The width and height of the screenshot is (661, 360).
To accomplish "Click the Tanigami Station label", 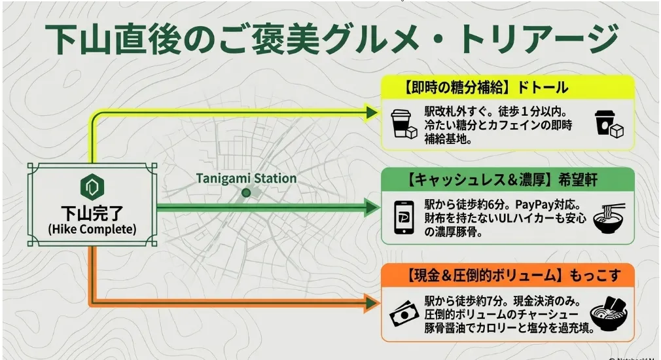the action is (246, 178).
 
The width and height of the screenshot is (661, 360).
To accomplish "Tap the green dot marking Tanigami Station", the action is (246, 193).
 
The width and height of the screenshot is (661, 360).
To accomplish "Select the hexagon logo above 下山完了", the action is (92, 187).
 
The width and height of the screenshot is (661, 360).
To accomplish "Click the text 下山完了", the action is (92, 213).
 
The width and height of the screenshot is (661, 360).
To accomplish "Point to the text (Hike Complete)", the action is (92, 229).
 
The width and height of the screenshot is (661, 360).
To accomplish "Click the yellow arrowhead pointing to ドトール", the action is (372, 113).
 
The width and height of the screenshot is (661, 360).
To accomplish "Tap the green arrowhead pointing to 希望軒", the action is (372, 207).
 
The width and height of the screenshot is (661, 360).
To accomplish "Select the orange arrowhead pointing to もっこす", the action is (372, 303).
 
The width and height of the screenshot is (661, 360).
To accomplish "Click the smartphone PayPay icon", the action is (403, 217).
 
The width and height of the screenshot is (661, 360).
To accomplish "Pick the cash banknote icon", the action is (404, 314).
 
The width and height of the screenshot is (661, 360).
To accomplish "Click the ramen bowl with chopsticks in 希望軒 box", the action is (609, 219).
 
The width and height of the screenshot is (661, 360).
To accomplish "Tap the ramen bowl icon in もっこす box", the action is (608, 314).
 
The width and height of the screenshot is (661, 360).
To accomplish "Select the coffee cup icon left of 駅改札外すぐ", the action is (404, 124).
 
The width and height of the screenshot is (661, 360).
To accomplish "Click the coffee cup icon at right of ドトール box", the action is (609, 124).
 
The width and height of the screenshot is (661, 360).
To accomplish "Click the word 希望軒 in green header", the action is (578, 180).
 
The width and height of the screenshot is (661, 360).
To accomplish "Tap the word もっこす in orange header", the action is (596, 276).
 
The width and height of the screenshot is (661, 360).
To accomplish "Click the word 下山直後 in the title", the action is (113, 39).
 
